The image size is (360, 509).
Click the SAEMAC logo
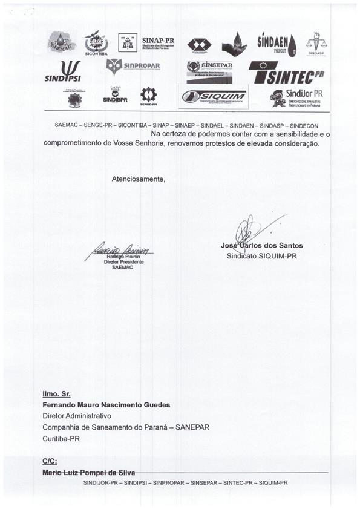click(62, 42)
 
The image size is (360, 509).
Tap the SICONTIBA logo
click(96, 42)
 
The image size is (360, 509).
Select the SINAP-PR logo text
click(156, 41)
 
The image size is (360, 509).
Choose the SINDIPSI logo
click(63, 71)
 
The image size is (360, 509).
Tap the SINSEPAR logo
click(209, 71)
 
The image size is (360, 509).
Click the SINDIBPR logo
click(115, 95)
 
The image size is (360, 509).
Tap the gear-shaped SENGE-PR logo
click(148, 96)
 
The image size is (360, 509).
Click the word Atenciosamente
click(138, 179)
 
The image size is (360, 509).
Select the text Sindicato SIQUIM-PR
click(261, 255)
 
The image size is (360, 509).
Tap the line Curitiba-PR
click(61, 438)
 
